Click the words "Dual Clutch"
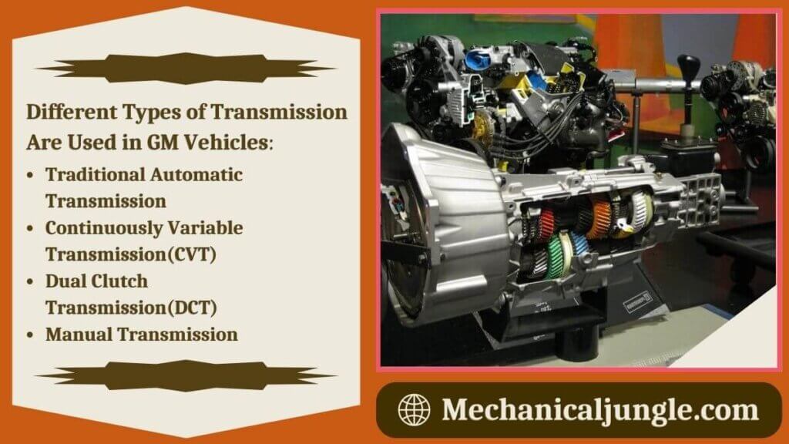(96, 281)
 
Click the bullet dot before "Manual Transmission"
(29, 335)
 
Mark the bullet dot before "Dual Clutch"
(29, 282)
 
